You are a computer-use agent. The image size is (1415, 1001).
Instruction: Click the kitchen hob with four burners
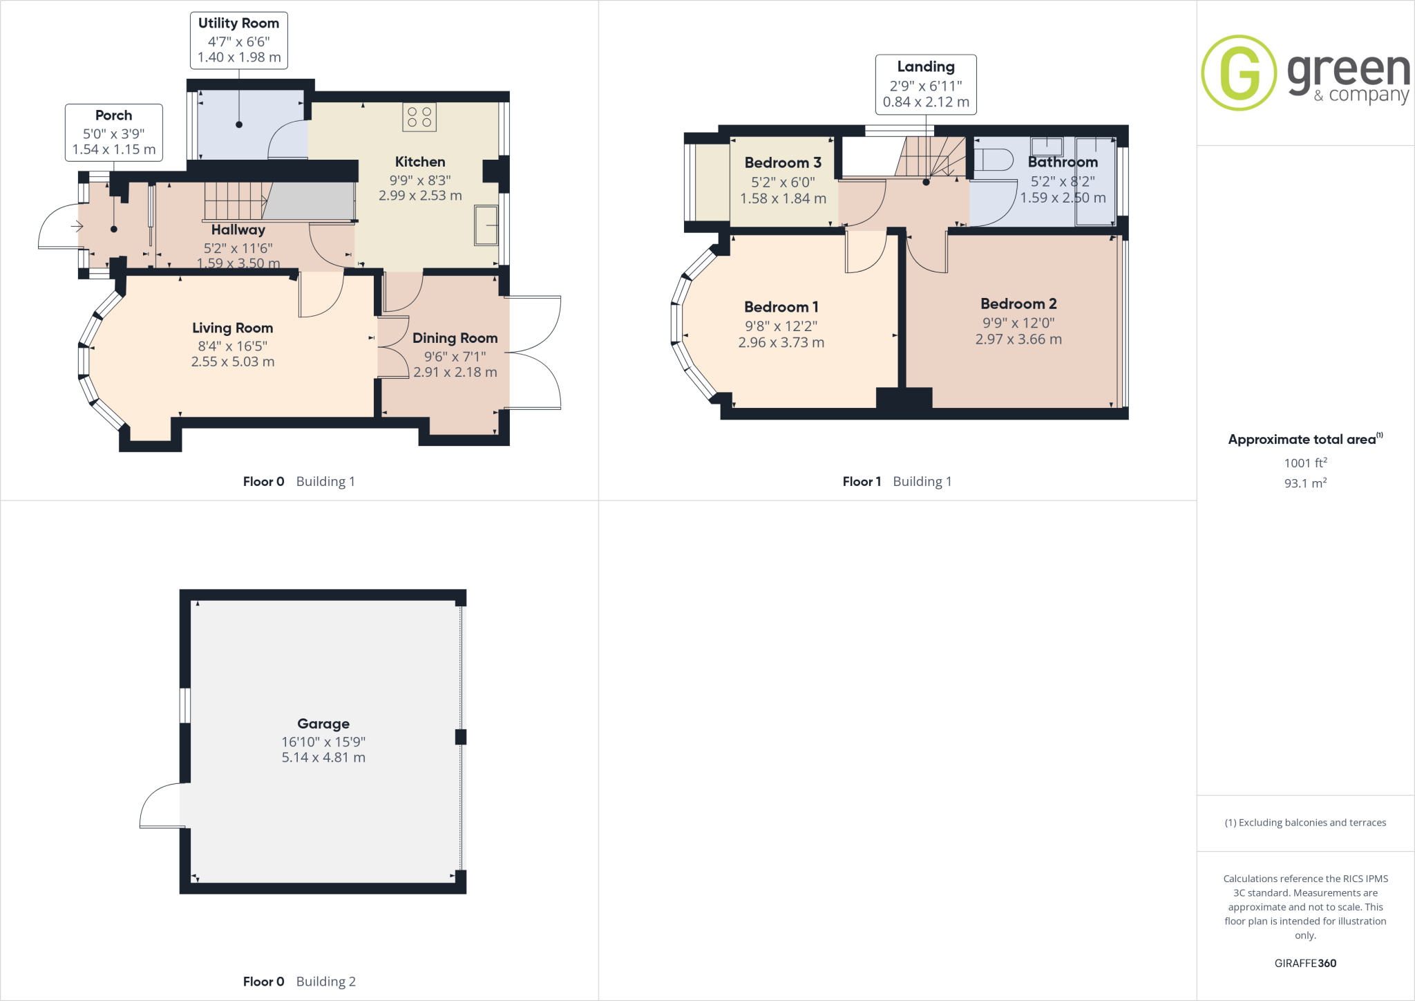[419, 117]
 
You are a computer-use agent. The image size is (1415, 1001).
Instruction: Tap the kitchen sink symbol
[486, 225]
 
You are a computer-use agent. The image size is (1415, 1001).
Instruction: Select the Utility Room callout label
[239, 40]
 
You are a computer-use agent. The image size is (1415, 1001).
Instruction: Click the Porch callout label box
[114, 133]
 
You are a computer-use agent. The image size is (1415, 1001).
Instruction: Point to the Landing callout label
[926, 84]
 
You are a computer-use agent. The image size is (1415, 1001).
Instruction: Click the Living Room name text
[233, 328]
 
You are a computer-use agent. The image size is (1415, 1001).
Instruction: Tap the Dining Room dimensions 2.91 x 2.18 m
[455, 372]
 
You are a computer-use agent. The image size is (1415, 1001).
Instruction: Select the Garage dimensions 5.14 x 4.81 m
[323, 757]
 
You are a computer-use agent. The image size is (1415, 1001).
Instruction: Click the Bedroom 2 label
[1018, 303]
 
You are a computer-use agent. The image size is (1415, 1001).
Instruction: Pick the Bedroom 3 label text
[783, 162]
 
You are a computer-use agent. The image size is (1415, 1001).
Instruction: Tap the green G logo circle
[1239, 73]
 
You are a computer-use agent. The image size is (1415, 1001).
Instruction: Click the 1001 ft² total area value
[1305, 462]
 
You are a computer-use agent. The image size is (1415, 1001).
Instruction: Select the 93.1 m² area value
[1305, 483]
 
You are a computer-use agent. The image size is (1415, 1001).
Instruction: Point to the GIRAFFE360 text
[1305, 963]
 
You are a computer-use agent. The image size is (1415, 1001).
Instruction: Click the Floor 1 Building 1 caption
[897, 481]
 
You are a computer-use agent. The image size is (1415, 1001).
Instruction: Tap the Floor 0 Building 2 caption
[299, 981]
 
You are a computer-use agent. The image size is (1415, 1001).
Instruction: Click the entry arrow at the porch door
[77, 226]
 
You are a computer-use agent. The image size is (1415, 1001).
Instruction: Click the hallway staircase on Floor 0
[236, 200]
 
